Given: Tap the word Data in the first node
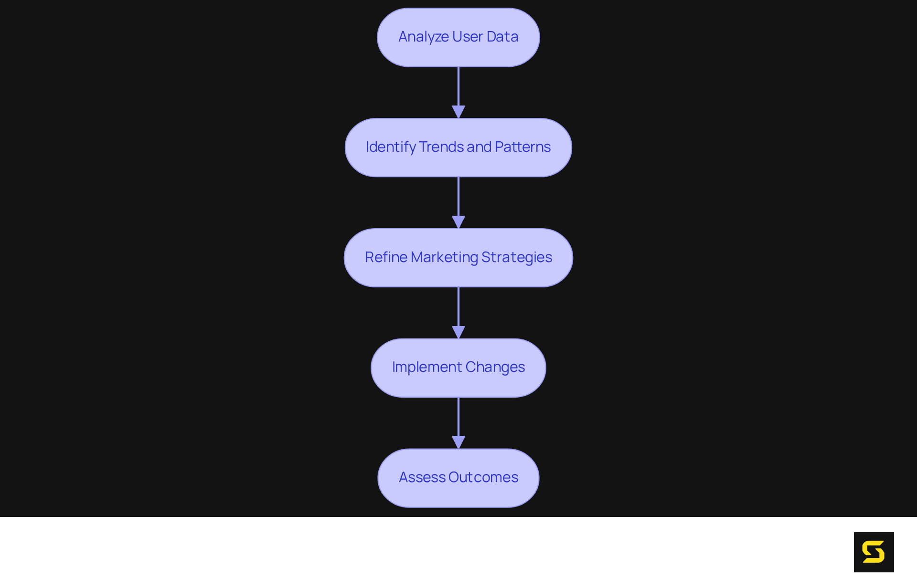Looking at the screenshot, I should (x=502, y=37).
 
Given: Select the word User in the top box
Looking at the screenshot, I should (x=468, y=37).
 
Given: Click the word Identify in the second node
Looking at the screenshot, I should (x=391, y=147).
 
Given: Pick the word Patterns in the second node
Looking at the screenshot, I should (x=522, y=147).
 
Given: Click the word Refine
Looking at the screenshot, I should (x=386, y=257).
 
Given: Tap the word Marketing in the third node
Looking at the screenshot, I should (x=444, y=257).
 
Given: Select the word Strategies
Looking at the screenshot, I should (x=516, y=257).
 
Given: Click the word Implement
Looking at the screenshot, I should (x=427, y=367).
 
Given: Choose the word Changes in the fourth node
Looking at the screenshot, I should (x=495, y=367).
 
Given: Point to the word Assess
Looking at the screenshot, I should (x=422, y=477).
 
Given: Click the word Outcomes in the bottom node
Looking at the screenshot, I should (x=483, y=477).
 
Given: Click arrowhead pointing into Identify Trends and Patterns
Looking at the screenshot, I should (x=458, y=112).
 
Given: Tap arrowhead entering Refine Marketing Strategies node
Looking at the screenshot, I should (x=458, y=222).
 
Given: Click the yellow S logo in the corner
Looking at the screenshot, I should (x=874, y=552).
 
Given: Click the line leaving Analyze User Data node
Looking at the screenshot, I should (x=458, y=86).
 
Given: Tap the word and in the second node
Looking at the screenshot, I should (x=479, y=147).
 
